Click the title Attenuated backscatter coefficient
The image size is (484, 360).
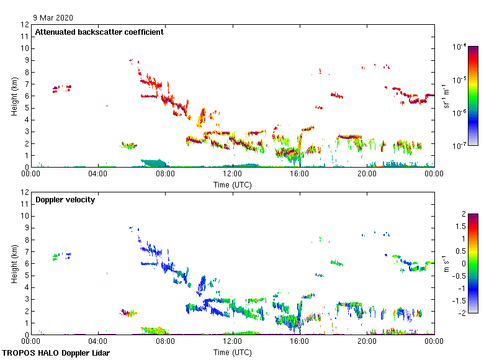point(99,32)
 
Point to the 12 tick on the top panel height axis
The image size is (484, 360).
point(24,25)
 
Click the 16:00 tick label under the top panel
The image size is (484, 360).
point(300,174)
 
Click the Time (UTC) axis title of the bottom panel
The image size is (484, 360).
point(232,352)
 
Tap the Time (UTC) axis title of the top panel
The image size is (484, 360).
point(232,184)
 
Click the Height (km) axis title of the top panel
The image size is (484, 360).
point(14,96)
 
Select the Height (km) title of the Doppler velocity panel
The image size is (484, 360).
point(14,263)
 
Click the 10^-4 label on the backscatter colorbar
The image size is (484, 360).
point(460,47)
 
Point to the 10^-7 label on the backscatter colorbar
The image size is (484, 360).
point(460,146)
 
